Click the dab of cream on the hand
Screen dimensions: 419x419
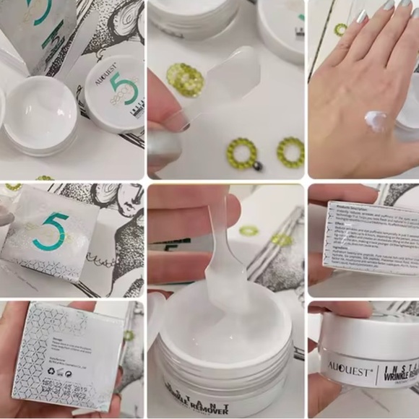379,120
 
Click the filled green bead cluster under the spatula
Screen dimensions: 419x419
184,76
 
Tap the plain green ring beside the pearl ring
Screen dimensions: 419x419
290,151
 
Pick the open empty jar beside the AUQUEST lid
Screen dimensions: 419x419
40,116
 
